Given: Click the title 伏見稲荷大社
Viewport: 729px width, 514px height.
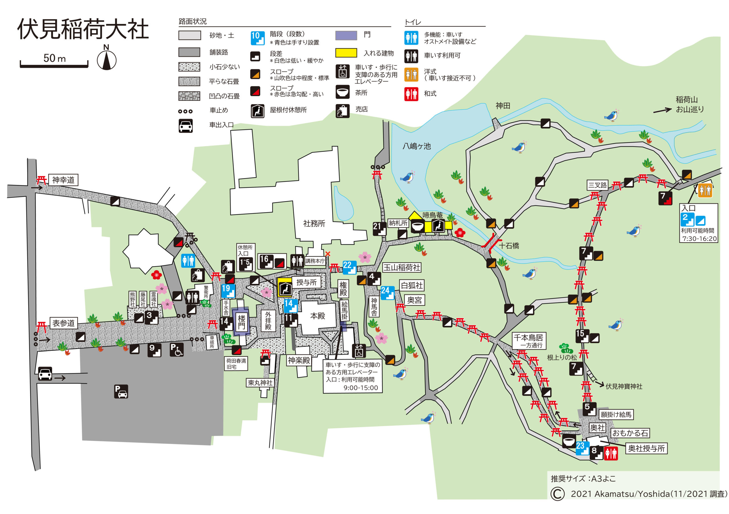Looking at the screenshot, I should [x=83, y=29].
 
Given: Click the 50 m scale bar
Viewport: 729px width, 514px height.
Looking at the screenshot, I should [x=54, y=64].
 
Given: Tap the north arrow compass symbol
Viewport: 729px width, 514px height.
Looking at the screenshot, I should [x=107, y=59].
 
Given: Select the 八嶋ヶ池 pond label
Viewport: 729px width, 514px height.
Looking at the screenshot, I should [x=417, y=146].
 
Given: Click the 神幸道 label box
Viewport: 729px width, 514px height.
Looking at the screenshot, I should [x=63, y=180].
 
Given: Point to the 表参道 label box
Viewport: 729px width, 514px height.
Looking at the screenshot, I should [x=64, y=323].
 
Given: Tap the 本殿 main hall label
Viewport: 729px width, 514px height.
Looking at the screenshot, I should [x=318, y=316].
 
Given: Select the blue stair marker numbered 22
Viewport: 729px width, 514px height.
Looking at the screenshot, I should [x=349, y=267].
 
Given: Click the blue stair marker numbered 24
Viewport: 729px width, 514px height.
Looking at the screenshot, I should [x=387, y=293].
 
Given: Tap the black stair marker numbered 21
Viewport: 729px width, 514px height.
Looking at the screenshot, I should [x=379, y=229].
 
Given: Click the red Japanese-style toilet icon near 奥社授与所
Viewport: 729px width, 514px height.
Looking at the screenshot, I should [x=611, y=453].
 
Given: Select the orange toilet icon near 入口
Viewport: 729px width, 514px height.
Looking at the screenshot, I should [x=705, y=191].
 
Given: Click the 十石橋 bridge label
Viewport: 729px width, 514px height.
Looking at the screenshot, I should [x=509, y=246].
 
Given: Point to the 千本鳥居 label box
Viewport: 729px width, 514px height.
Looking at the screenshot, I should [x=528, y=340].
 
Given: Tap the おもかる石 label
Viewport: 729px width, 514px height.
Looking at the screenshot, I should [x=630, y=433].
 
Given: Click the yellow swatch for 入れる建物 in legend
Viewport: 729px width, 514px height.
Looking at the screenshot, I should [x=346, y=53].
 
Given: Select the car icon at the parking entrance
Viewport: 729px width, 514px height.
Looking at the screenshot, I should [x=45, y=374].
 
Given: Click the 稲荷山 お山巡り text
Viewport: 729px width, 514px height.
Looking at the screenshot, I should [x=690, y=105].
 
